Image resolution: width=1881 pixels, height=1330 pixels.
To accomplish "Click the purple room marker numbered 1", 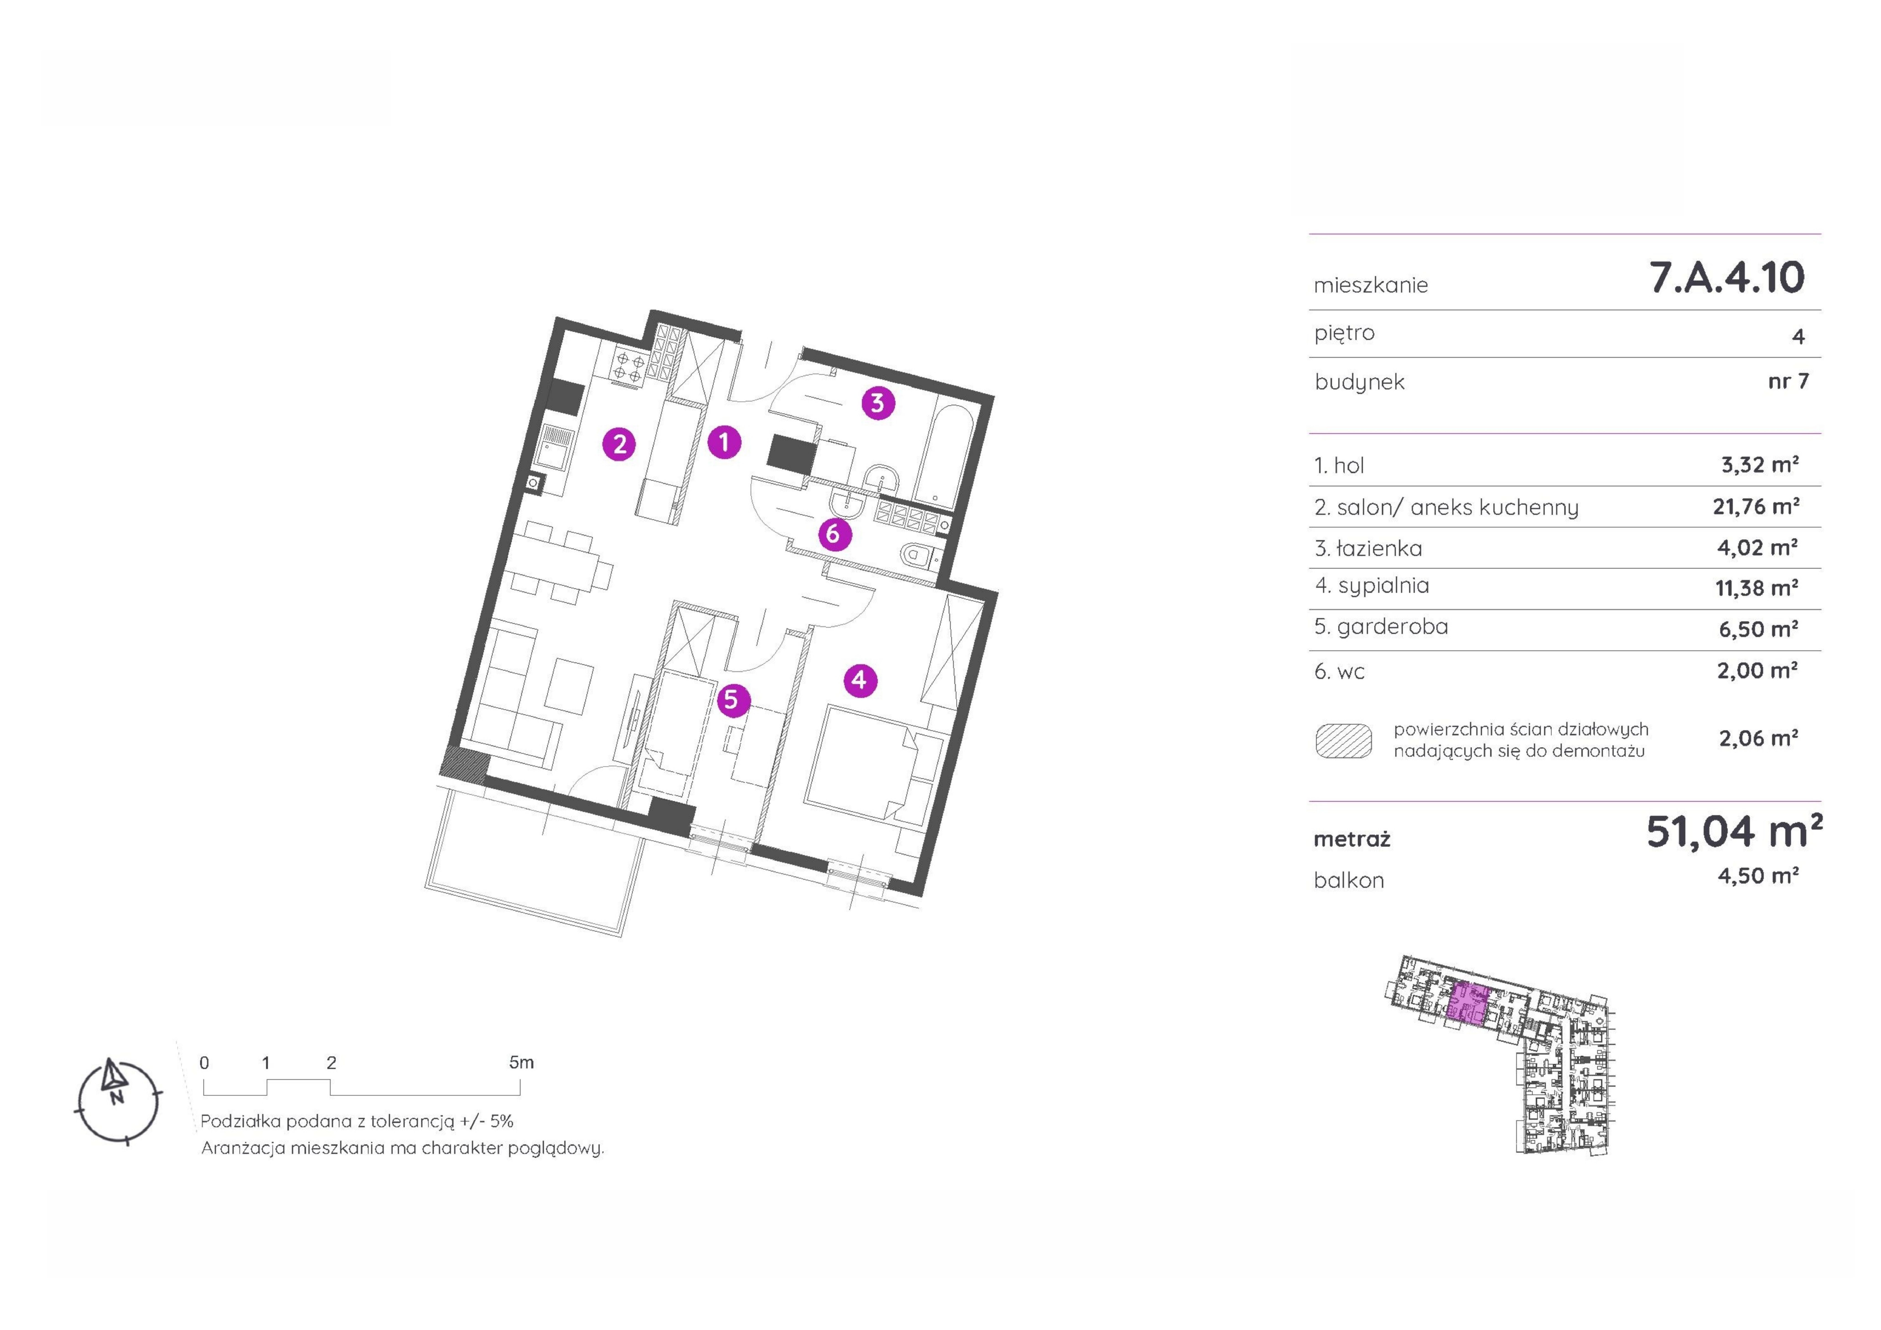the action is tap(724, 443).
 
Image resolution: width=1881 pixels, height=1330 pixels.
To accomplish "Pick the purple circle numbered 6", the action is tap(834, 534).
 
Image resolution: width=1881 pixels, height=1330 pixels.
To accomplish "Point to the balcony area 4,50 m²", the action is tap(1758, 876).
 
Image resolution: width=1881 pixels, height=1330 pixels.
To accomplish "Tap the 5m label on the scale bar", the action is tap(521, 1063).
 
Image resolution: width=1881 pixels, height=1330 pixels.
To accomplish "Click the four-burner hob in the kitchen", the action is tap(629, 366).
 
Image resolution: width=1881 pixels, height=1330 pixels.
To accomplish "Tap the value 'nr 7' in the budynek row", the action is tap(1788, 381).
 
